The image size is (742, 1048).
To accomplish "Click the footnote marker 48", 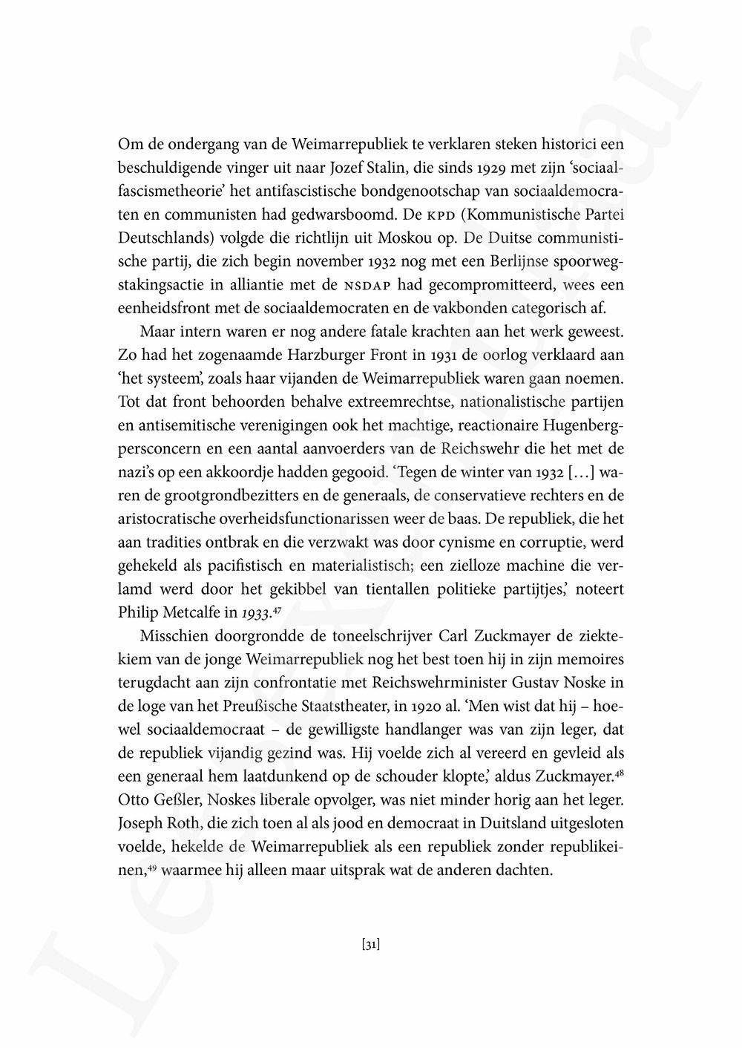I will (x=619, y=770).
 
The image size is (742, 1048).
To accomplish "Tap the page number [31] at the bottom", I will (x=371, y=945).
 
